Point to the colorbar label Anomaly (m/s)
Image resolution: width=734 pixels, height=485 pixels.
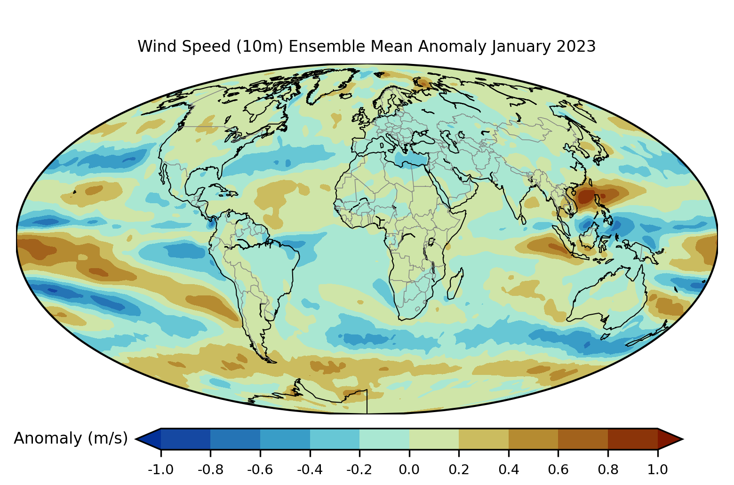click(71, 438)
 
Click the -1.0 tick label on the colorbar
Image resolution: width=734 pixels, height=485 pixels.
click(161, 469)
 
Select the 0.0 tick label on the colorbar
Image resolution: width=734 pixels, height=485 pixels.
click(409, 469)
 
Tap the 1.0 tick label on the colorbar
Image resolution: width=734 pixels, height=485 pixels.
click(657, 469)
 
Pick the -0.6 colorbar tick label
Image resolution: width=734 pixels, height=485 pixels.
click(260, 469)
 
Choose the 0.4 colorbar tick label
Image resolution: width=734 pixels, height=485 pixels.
click(509, 469)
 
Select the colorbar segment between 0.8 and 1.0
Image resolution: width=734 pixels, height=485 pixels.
click(632, 439)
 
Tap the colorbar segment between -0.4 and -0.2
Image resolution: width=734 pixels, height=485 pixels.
click(335, 439)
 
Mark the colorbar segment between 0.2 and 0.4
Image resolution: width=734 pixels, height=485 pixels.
click(484, 439)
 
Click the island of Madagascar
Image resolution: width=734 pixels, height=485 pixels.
click(455, 284)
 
